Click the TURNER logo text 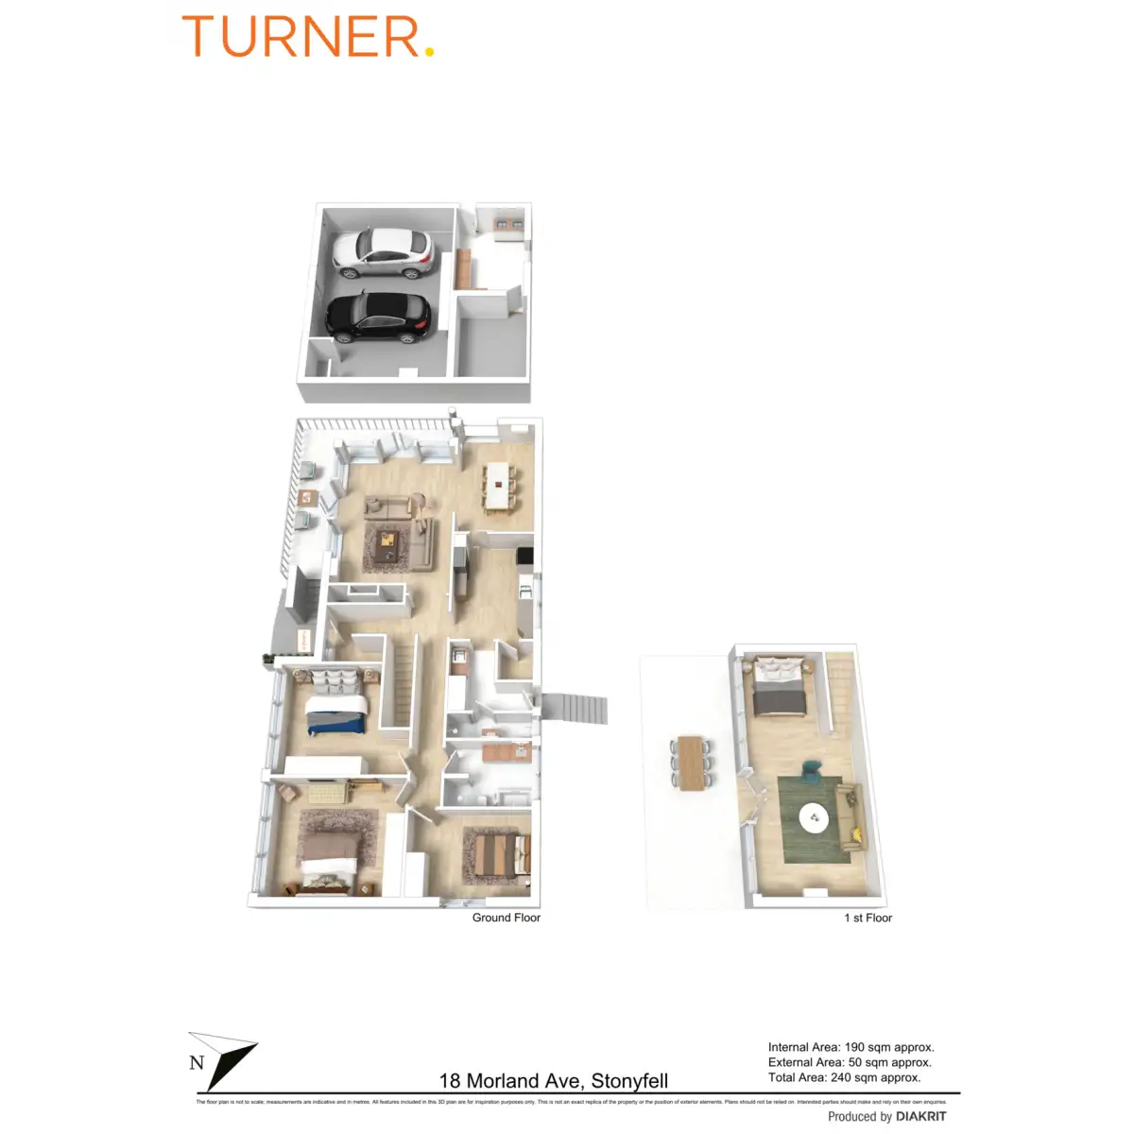pos(301,37)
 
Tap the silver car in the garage pos(383,253)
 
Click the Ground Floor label pos(507,918)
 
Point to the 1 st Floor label pos(868,918)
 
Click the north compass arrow pos(225,1060)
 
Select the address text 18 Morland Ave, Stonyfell pos(554,1081)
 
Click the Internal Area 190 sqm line pos(850,1047)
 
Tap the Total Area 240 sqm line pos(844,1077)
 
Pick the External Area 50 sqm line pos(850,1062)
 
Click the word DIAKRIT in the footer pos(920,1117)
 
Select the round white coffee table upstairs pos(814,817)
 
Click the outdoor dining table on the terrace pos(692,763)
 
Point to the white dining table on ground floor pos(497,484)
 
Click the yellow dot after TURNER pos(429,53)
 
